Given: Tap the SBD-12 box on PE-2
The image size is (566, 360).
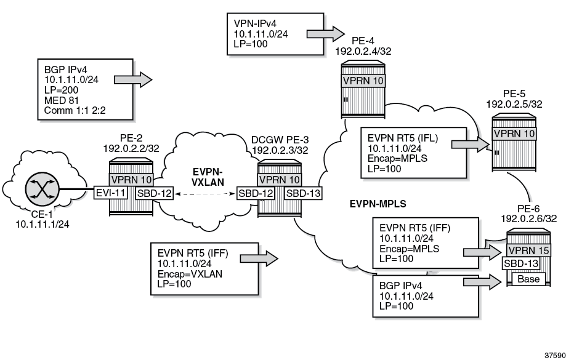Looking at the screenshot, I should coord(152,194).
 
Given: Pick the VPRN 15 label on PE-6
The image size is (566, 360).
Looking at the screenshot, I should coord(525,249).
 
